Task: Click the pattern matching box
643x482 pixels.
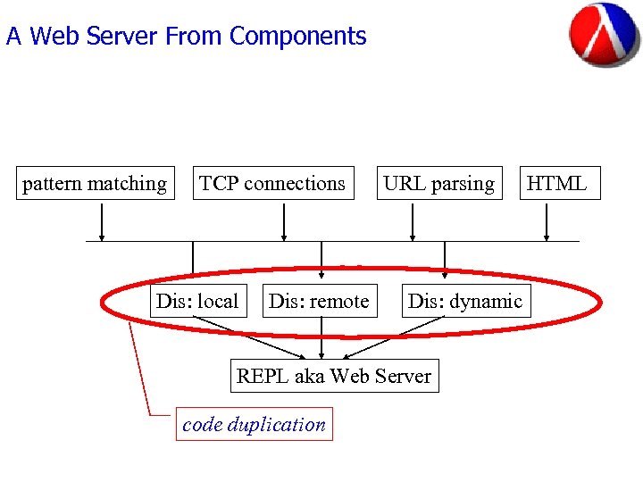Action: pos(95,184)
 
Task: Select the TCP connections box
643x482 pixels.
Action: pos(272,184)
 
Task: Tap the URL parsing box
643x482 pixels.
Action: pos(438,184)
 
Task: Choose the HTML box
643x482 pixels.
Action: pos(556,184)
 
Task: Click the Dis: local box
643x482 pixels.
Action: pos(197,302)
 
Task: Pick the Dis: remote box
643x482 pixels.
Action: pos(319,302)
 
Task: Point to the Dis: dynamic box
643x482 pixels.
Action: pos(464,302)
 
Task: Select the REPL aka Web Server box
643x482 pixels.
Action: pos(333,376)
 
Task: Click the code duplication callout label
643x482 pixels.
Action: pos(254,425)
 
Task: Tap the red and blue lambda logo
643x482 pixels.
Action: pos(604,35)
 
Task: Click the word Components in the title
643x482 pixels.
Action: pos(297,37)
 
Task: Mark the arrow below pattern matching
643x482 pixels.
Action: pos(102,222)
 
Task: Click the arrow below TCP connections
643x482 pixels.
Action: pos(284,222)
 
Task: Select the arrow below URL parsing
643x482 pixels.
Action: pos(412,222)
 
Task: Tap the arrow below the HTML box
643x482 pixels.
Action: pos(547,222)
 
